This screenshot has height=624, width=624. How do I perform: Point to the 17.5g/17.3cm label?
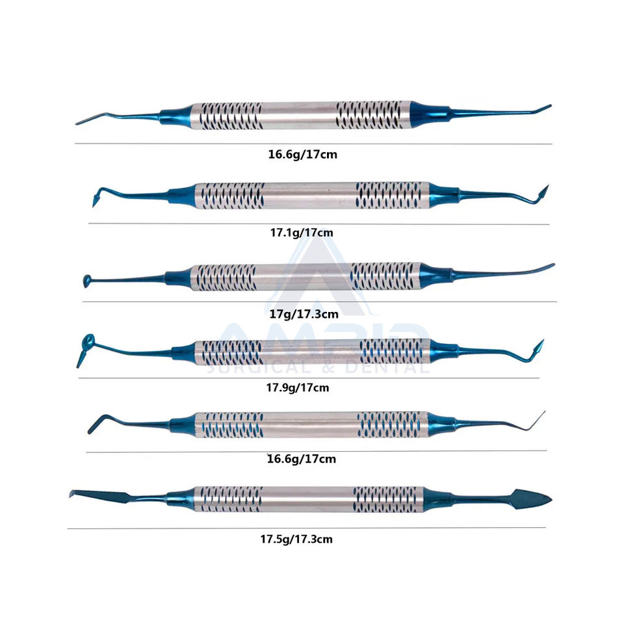click(x=300, y=539)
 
